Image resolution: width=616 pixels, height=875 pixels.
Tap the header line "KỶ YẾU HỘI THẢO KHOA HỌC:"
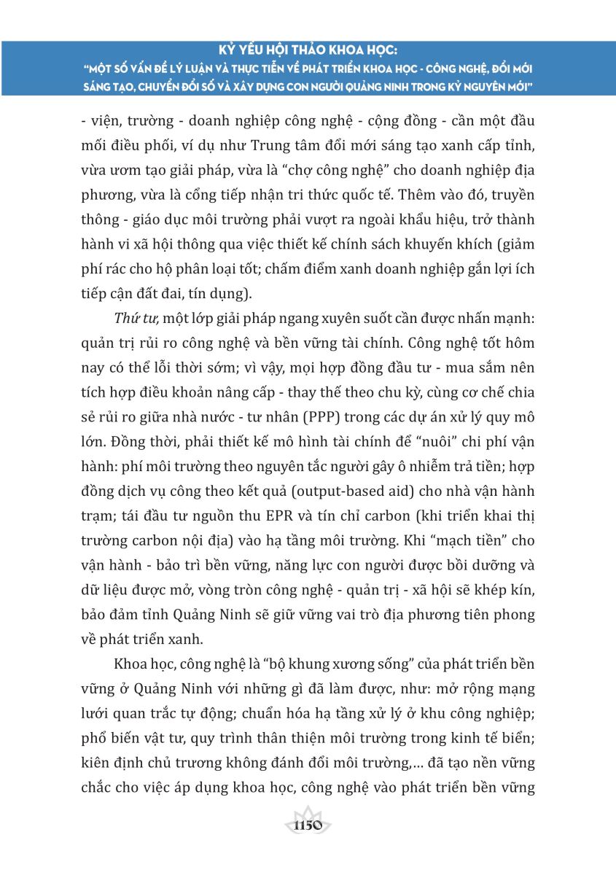point(307,52)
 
